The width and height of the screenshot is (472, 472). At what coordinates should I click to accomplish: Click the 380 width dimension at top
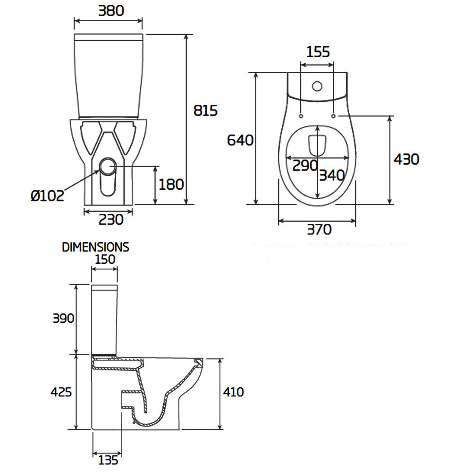(111, 11)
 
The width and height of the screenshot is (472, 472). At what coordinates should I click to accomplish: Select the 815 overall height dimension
(206, 110)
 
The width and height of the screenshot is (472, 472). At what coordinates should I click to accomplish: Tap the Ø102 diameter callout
(48, 195)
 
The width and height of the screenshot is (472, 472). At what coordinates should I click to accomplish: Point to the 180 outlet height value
(171, 185)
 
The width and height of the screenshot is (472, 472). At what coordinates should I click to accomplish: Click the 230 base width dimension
(111, 219)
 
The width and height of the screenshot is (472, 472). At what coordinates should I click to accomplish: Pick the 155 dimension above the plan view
(318, 51)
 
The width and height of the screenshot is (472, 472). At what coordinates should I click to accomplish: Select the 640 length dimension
(240, 140)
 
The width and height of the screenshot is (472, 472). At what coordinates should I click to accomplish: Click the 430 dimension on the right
(406, 160)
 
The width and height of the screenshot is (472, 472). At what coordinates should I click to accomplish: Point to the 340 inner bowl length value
(332, 176)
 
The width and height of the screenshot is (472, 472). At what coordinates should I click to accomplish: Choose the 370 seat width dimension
(319, 229)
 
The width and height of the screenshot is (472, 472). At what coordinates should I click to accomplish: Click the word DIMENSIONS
(95, 247)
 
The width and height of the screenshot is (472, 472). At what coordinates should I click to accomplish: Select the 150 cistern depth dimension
(105, 259)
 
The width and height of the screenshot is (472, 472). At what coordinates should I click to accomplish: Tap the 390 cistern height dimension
(63, 319)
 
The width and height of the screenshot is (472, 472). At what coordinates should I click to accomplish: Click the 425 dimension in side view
(62, 392)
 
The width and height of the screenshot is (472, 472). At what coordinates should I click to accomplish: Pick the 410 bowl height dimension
(234, 392)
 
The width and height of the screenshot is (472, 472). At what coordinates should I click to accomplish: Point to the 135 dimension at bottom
(108, 459)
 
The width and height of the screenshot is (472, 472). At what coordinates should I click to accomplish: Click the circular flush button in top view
(317, 86)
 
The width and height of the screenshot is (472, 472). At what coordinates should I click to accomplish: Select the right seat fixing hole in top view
(334, 116)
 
